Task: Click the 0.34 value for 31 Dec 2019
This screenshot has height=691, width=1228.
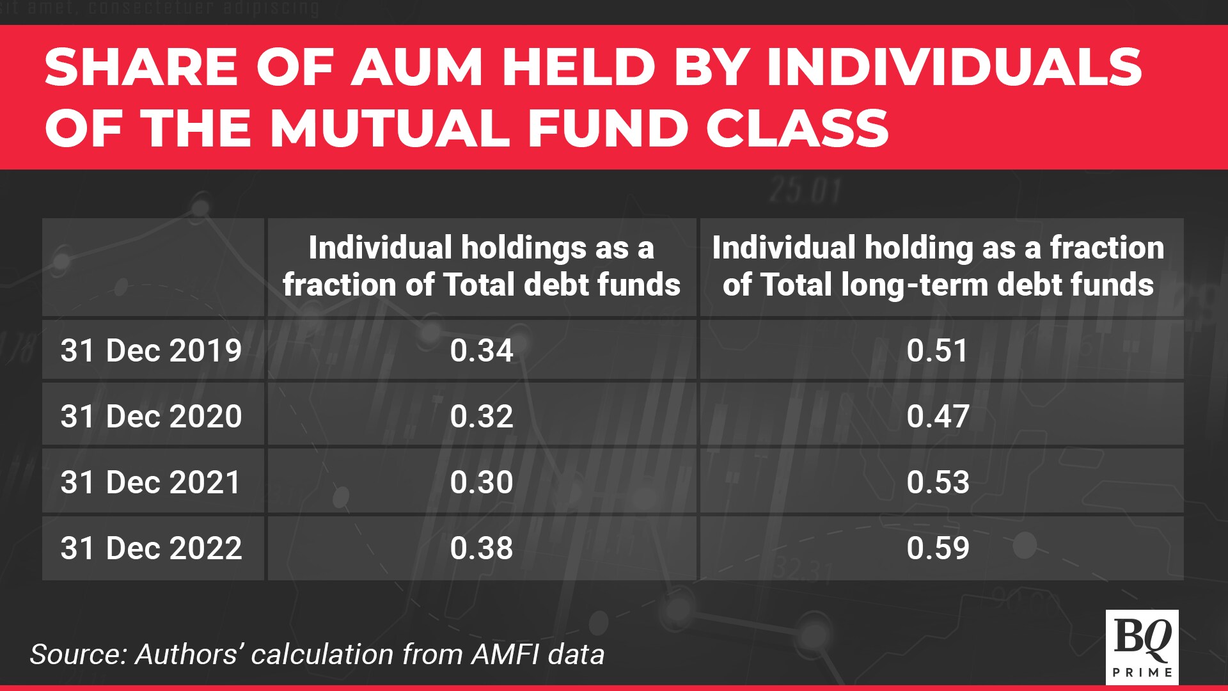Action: (x=482, y=351)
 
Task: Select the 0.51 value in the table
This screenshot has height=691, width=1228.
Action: (x=938, y=351)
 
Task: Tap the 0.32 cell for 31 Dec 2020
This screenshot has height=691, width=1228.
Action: (x=482, y=417)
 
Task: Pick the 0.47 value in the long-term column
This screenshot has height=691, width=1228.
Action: (x=938, y=417)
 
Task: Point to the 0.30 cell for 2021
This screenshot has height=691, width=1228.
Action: (x=482, y=482)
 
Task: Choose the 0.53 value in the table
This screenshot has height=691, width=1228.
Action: (x=938, y=482)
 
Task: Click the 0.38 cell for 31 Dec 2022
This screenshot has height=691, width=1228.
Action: (x=482, y=548)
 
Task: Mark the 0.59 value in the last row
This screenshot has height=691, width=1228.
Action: (x=938, y=548)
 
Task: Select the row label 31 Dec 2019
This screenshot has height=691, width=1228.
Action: (x=152, y=351)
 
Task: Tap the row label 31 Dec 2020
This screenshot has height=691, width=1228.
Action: (x=152, y=417)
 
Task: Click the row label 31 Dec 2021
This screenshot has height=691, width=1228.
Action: (x=151, y=482)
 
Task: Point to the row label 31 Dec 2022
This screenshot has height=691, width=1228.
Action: (x=152, y=548)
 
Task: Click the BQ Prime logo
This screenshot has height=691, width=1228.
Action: (x=1142, y=647)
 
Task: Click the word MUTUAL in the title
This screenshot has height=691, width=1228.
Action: (x=390, y=127)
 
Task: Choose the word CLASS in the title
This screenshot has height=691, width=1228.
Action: (x=798, y=127)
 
